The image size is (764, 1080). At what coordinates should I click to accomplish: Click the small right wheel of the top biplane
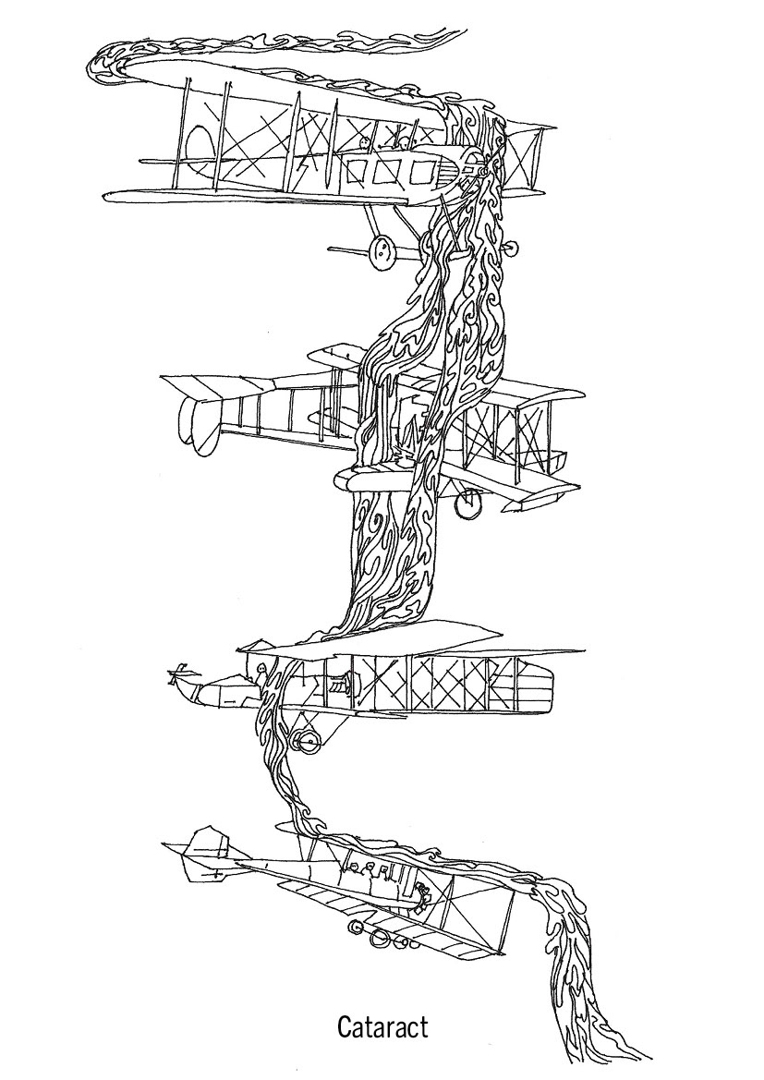point(506,248)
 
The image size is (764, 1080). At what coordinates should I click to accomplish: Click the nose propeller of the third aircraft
point(173,677)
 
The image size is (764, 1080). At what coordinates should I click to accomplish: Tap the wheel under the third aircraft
point(304,740)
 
